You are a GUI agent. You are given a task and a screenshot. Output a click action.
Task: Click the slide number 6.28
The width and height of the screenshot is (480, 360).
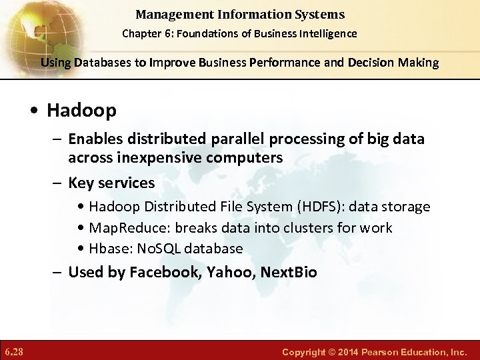pyautogui.click(x=13, y=350)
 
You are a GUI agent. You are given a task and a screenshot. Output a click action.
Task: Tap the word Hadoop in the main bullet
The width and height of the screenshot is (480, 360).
pyautogui.click(x=81, y=110)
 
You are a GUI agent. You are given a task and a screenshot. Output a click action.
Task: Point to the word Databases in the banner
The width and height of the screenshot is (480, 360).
pyautogui.click(x=93, y=63)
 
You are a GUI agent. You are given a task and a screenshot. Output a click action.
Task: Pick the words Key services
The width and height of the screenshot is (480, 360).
pyautogui.click(x=111, y=182)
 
